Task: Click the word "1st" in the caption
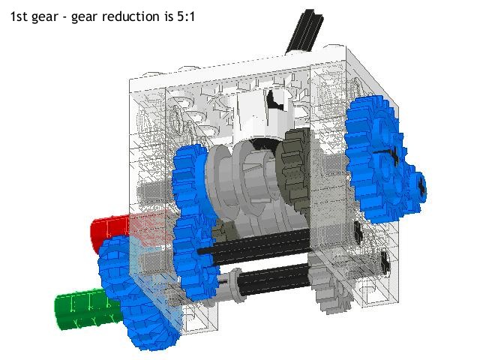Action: [20, 14]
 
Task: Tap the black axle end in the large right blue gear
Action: [387, 159]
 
